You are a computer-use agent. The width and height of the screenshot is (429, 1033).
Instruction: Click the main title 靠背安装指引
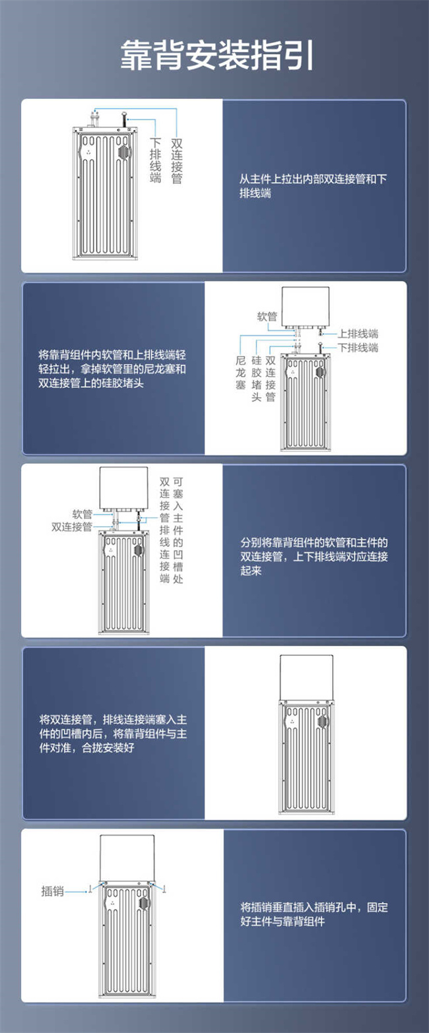tap(217, 55)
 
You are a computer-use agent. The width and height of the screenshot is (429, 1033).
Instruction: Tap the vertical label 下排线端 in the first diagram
tap(156, 160)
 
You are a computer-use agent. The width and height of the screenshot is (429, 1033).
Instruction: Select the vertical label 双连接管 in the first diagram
tap(177, 161)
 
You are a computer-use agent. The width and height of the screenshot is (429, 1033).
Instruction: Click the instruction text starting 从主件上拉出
tap(313, 186)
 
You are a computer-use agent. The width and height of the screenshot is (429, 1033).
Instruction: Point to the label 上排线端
tap(358, 333)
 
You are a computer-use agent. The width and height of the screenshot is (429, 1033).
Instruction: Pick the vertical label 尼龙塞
tap(241, 373)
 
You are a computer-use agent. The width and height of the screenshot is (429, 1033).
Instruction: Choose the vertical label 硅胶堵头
tap(257, 378)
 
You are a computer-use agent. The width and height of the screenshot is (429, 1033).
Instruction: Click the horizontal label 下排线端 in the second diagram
tap(358, 347)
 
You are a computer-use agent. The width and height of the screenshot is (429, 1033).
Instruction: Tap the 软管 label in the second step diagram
tap(267, 317)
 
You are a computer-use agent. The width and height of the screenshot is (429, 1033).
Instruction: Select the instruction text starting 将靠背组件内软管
tap(112, 369)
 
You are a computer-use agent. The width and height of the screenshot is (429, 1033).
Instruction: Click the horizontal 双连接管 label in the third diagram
tap(72, 526)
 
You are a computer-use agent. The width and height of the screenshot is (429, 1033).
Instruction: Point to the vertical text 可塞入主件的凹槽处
tap(178, 530)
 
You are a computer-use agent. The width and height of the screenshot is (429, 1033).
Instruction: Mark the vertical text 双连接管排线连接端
tap(165, 530)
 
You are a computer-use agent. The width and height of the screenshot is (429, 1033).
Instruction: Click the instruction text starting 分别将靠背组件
tap(314, 556)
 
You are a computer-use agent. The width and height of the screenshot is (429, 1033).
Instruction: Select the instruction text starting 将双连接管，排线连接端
tap(113, 734)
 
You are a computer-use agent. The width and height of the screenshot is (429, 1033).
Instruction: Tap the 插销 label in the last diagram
tap(53, 891)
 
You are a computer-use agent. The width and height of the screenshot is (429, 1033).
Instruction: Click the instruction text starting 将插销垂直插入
tap(314, 914)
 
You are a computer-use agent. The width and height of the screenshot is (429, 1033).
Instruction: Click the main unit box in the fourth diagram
tap(307, 678)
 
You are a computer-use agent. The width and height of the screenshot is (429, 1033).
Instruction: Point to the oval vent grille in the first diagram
tap(123, 152)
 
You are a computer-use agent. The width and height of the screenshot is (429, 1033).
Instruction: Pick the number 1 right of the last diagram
tap(164, 889)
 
